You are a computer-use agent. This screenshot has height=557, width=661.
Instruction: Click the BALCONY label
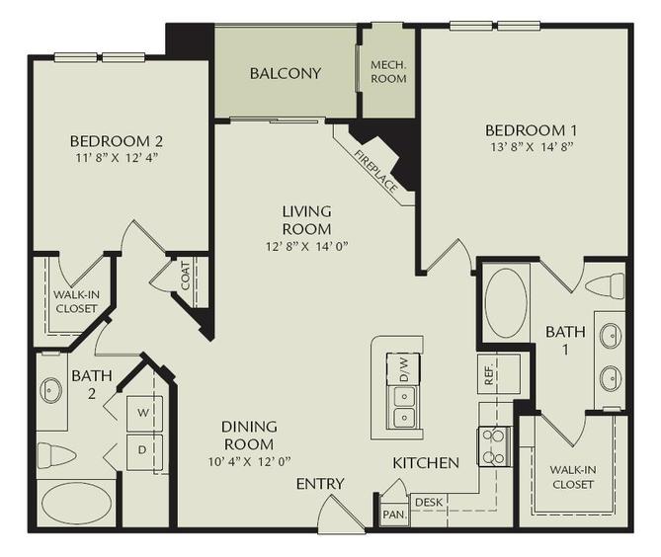285,73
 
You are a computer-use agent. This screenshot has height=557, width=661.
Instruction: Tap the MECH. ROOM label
388,73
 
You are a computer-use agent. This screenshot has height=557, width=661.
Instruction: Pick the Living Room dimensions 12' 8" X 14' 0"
306,246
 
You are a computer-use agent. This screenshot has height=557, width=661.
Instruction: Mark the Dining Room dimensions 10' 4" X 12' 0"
248,461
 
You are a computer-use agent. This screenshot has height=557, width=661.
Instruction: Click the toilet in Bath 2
56,455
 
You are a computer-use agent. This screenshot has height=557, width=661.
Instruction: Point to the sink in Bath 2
51,390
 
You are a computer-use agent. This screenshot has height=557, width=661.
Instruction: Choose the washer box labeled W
142,411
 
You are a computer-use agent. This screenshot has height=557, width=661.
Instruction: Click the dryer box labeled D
142,450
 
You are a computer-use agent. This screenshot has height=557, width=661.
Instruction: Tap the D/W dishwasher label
402,368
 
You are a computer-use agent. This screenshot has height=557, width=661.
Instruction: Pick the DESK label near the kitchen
428,503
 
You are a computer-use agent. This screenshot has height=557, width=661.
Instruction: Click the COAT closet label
185,277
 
